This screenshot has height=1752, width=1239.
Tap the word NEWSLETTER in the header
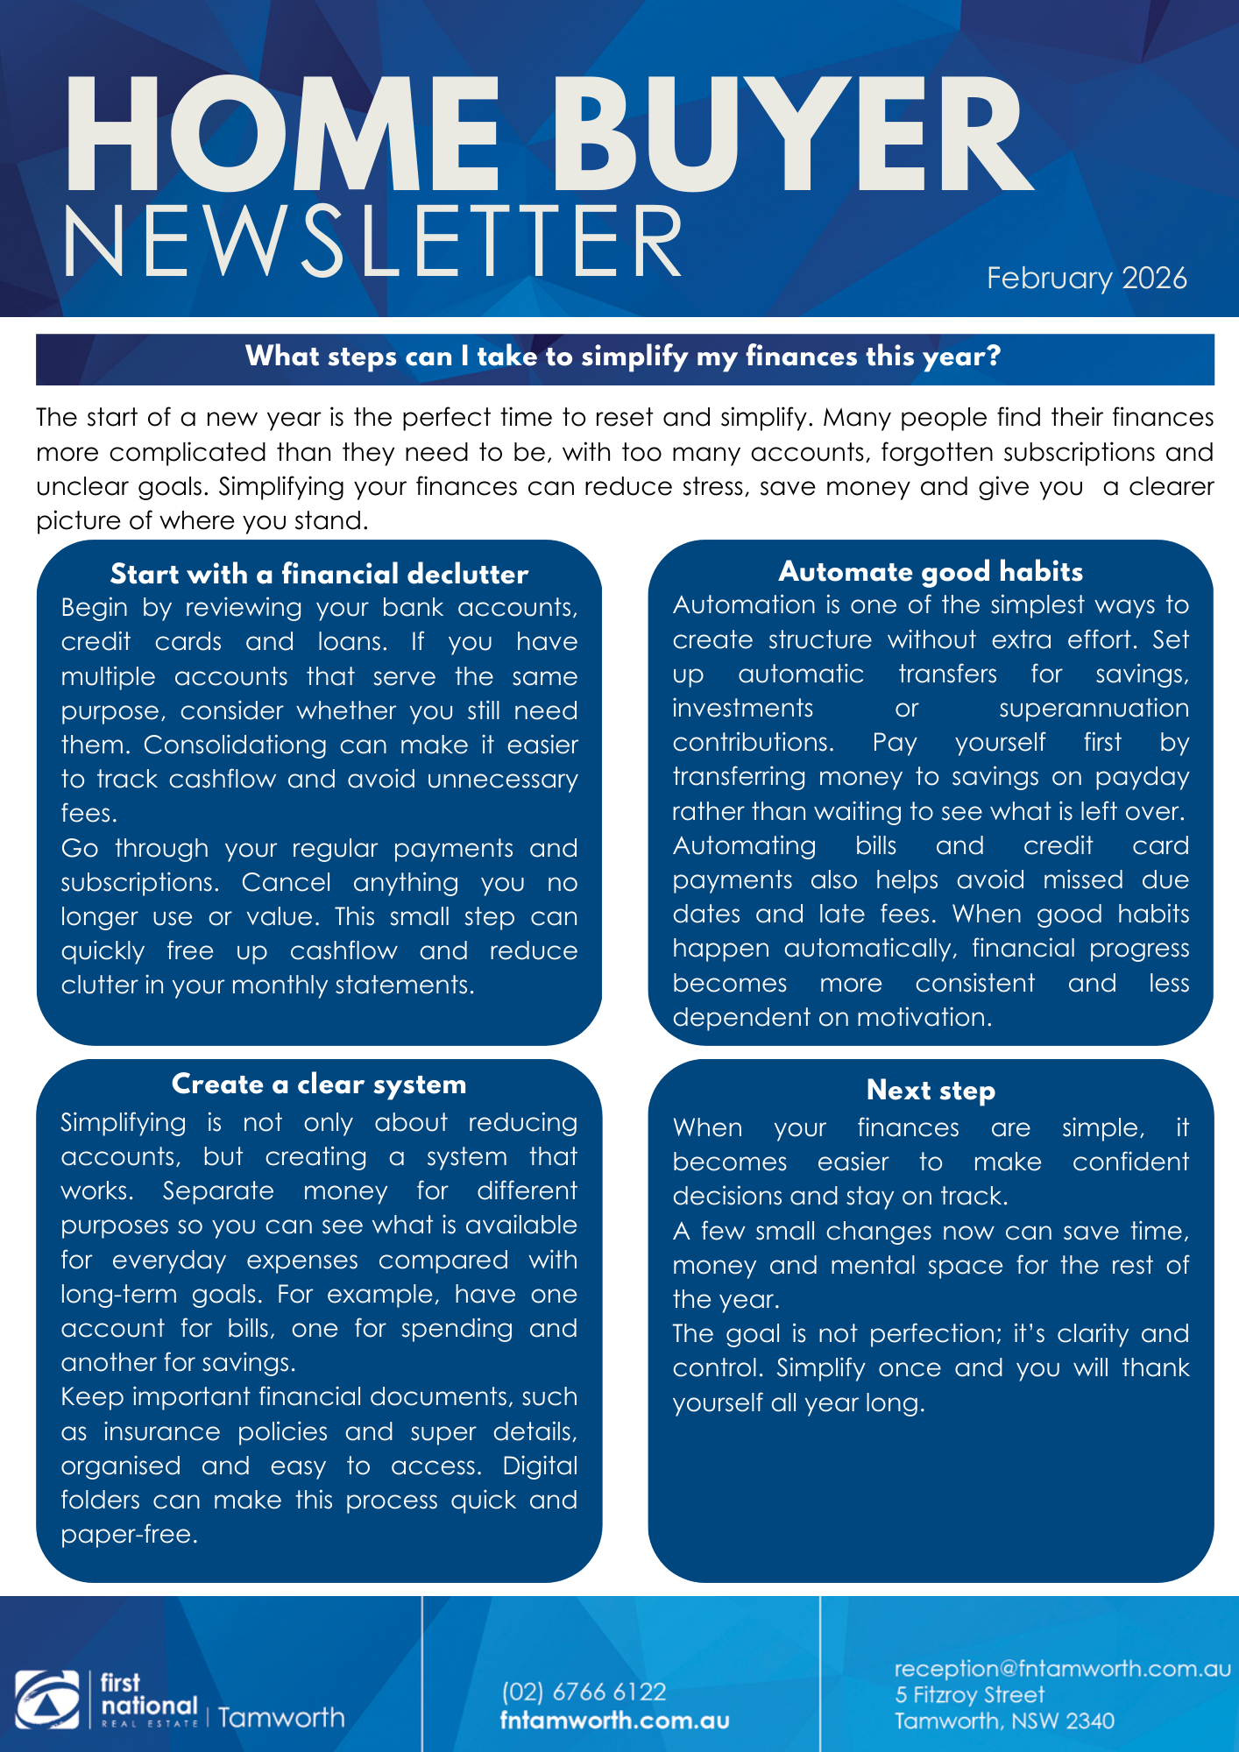point(372,242)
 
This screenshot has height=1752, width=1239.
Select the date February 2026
point(1086,278)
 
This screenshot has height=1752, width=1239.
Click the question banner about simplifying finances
point(623,357)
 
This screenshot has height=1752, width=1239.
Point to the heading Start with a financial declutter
point(319,574)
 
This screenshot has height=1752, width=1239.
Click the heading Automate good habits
point(931,571)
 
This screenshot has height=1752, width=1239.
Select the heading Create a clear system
point(319,1084)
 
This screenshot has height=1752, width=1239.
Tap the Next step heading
point(931,1091)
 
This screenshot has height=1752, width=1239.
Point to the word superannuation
point(1094,708)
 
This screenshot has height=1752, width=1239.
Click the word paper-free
point(129,1534)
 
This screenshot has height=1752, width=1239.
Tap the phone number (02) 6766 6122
point(584,1692)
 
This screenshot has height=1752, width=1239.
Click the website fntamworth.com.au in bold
point(614,1720)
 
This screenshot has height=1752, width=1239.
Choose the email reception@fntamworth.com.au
point(1062,1668)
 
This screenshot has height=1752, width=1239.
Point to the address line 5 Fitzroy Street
point(969,1695)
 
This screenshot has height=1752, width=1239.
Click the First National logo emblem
point(46,1700)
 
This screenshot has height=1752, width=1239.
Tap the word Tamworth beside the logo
point(281,1717)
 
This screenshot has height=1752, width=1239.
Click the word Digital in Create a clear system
point(540,1466)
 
